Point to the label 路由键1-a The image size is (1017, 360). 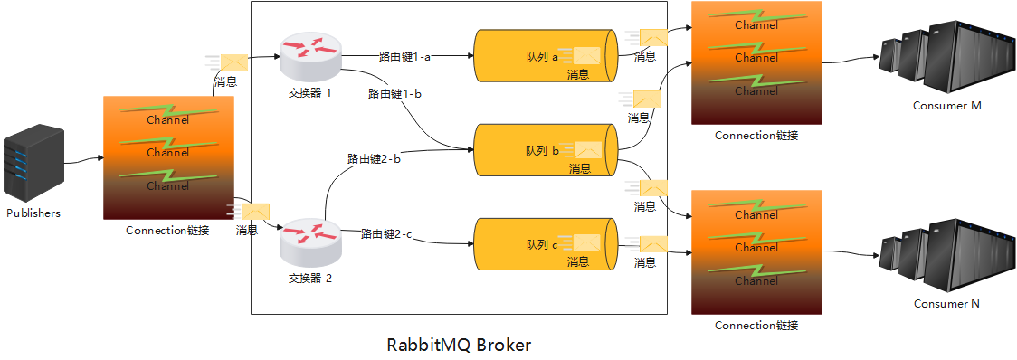pyautogui.click(x=404, y=56)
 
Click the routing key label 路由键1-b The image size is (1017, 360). pyautogui.click(x=394, y=93)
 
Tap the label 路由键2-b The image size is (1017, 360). pyautogui.click(x=374, y=158)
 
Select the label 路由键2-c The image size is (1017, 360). pyautogui.click(x=386, y=234)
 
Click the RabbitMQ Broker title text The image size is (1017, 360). pyautogui.click(x=460, y=345)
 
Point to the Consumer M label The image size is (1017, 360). pyautogui.click(x=947, y=106)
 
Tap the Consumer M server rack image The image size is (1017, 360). pyautogui.click(x=946, y=54)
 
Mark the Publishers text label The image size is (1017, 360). pyautogui.click(x=33, y=213)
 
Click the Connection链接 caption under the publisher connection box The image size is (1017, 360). pyautogui.click(x=168, y=230)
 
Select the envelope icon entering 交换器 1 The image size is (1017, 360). pyautogui.click(x=233, y=62)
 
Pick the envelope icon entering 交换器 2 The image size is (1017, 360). pyautogui.click(x=254, y=211)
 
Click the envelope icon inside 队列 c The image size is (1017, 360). pyautogui.click(x=585, y=243)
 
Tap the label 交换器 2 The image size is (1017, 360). pyautogui.click(x=310, y=279)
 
